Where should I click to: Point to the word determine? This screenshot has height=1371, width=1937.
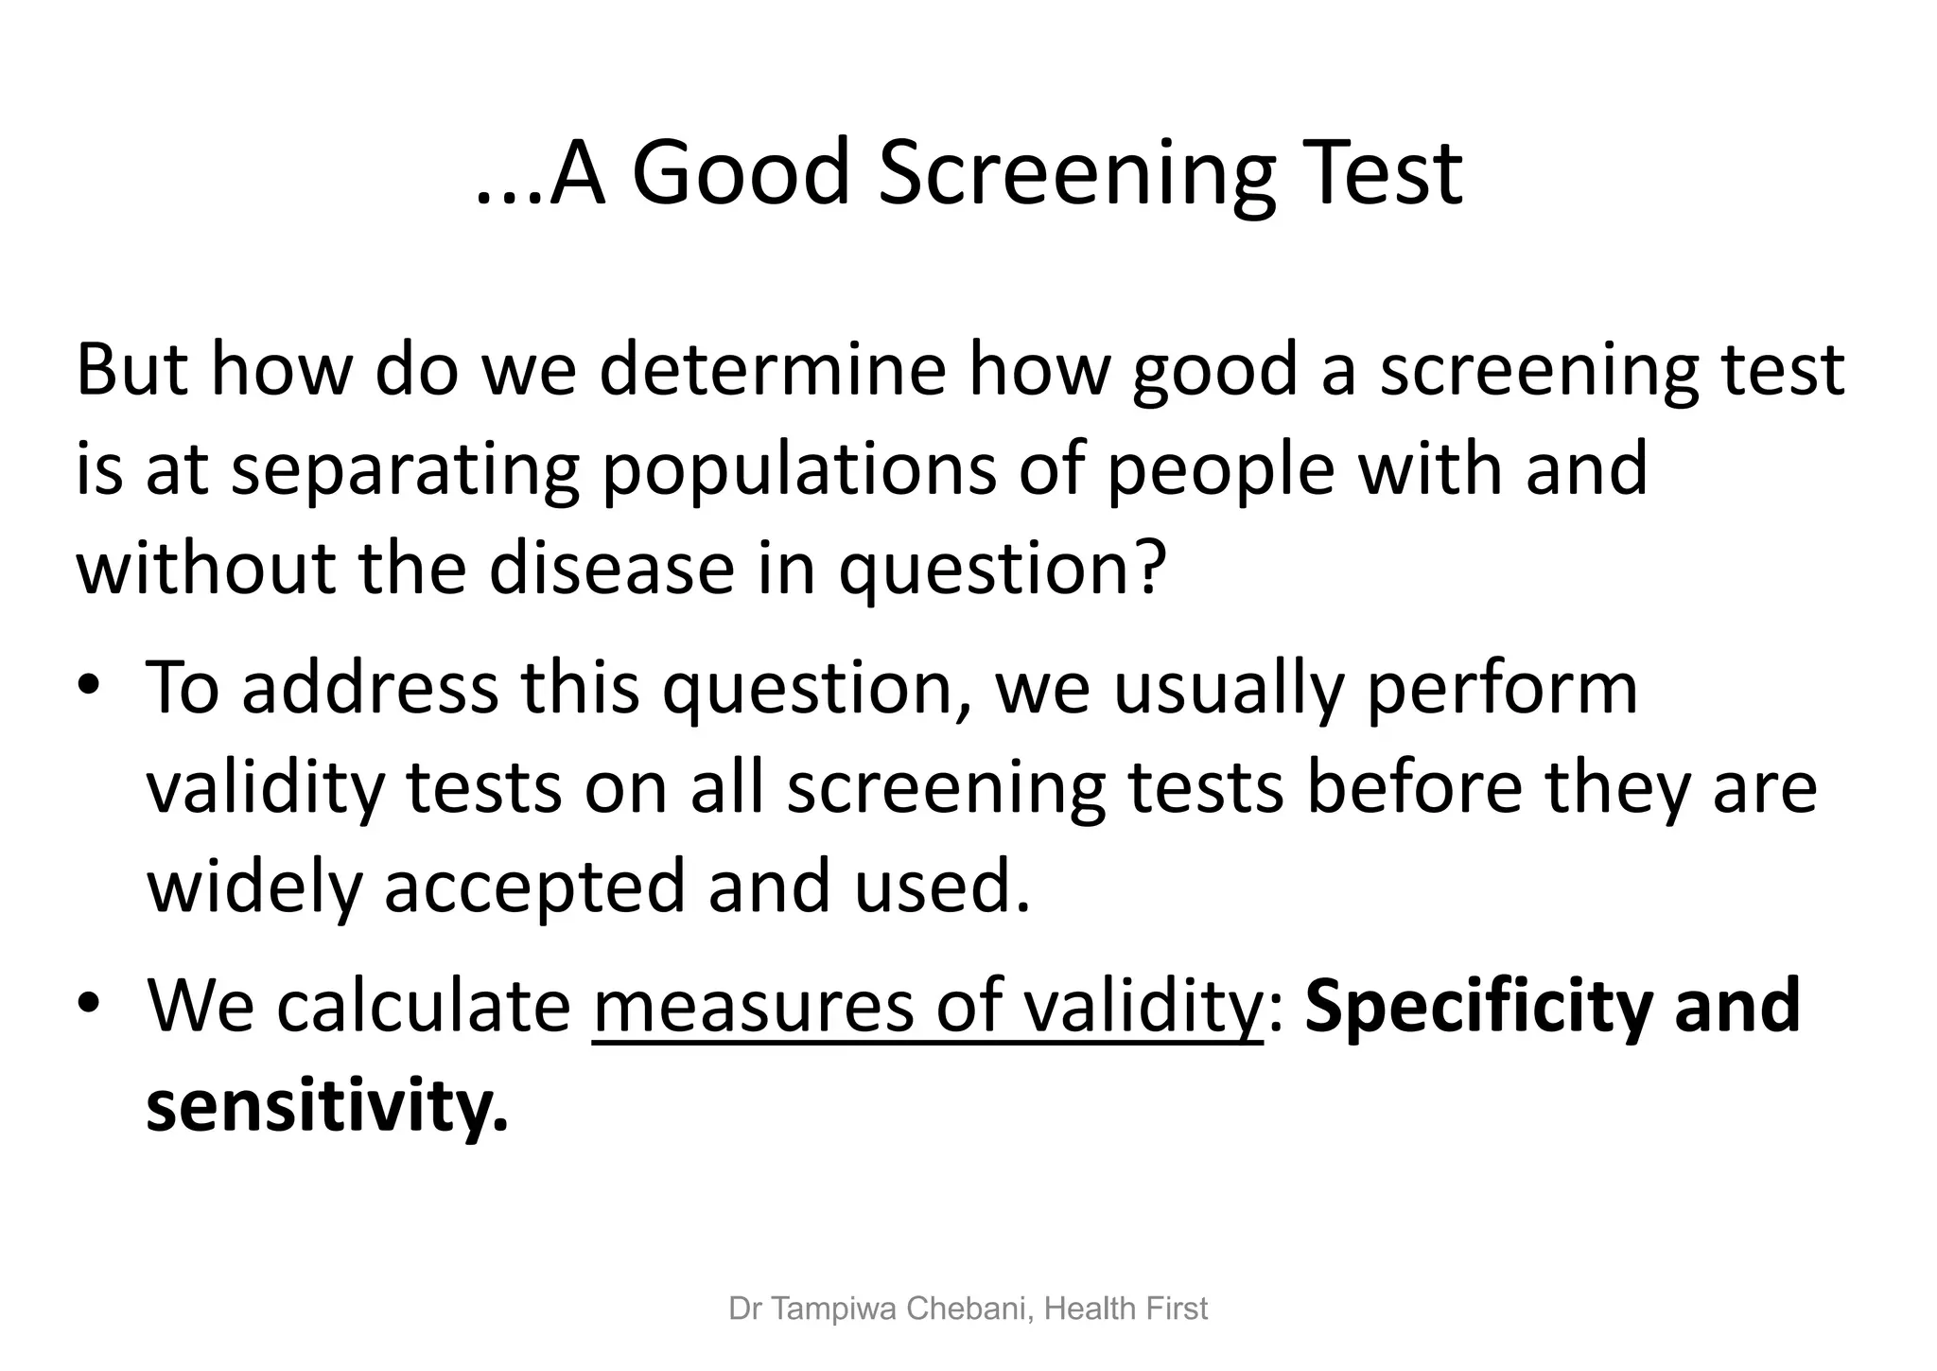click(x=773, y=370)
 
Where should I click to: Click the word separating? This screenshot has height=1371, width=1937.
click(x=405, y=470)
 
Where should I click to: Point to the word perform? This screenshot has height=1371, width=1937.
click(x=1502, y=690)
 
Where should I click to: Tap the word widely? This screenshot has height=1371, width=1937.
click(x=254, y=888)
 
